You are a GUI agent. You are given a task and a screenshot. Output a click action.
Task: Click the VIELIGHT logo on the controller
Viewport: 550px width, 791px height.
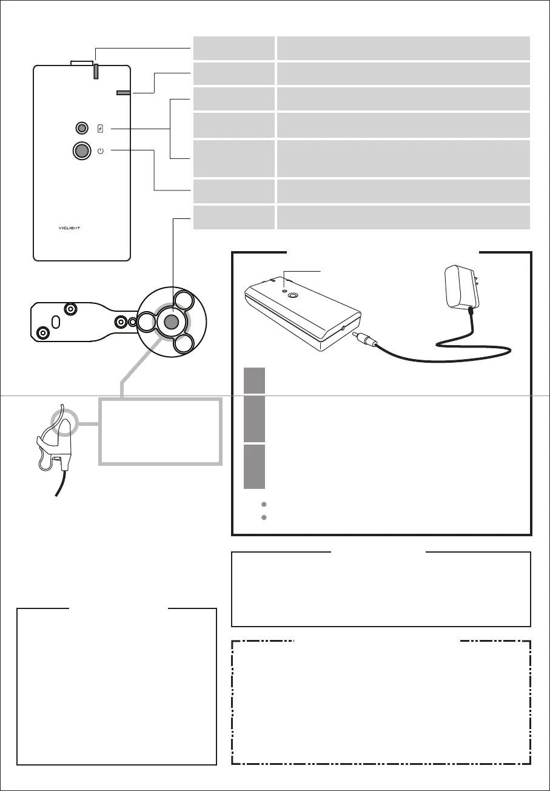pyautogui.click(x=82, y=229)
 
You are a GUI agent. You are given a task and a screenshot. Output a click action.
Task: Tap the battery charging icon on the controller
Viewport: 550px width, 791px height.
pyautogui.click(x=101, y=129)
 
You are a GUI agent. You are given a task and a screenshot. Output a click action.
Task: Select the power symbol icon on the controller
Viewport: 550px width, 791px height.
pyautogui.click(x=101, y=151)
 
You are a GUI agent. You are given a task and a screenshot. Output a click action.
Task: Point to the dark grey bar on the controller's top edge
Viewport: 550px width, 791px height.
pyautogui.click(x=96, y=70)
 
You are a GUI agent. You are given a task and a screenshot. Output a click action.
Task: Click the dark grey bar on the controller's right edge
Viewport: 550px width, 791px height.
pyautogui.click(x=124, y=93)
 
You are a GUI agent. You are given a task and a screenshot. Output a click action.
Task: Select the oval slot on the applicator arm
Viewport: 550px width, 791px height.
pyautogui.click(x=55, y=321)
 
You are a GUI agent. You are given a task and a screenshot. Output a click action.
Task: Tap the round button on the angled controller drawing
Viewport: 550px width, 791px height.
pyautogui.click(x=293, y=296)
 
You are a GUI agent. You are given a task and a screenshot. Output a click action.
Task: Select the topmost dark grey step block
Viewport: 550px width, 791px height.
pyautogui.click(x=254, y=380)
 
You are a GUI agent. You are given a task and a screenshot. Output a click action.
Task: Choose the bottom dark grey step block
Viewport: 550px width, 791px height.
pyautogui.click(x=254, y=466)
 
